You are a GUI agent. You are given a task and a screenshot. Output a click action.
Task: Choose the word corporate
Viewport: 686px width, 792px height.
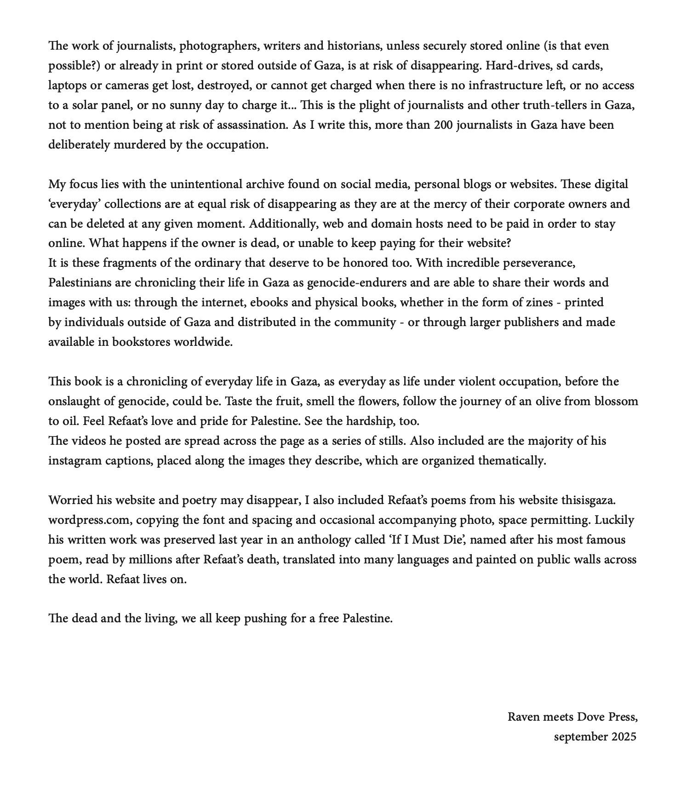(x=541, y=204)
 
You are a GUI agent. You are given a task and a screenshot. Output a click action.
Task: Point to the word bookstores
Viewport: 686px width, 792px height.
(x=141, y=342)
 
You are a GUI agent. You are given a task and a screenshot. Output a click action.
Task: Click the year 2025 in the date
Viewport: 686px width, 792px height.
(x=624, y=737)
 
